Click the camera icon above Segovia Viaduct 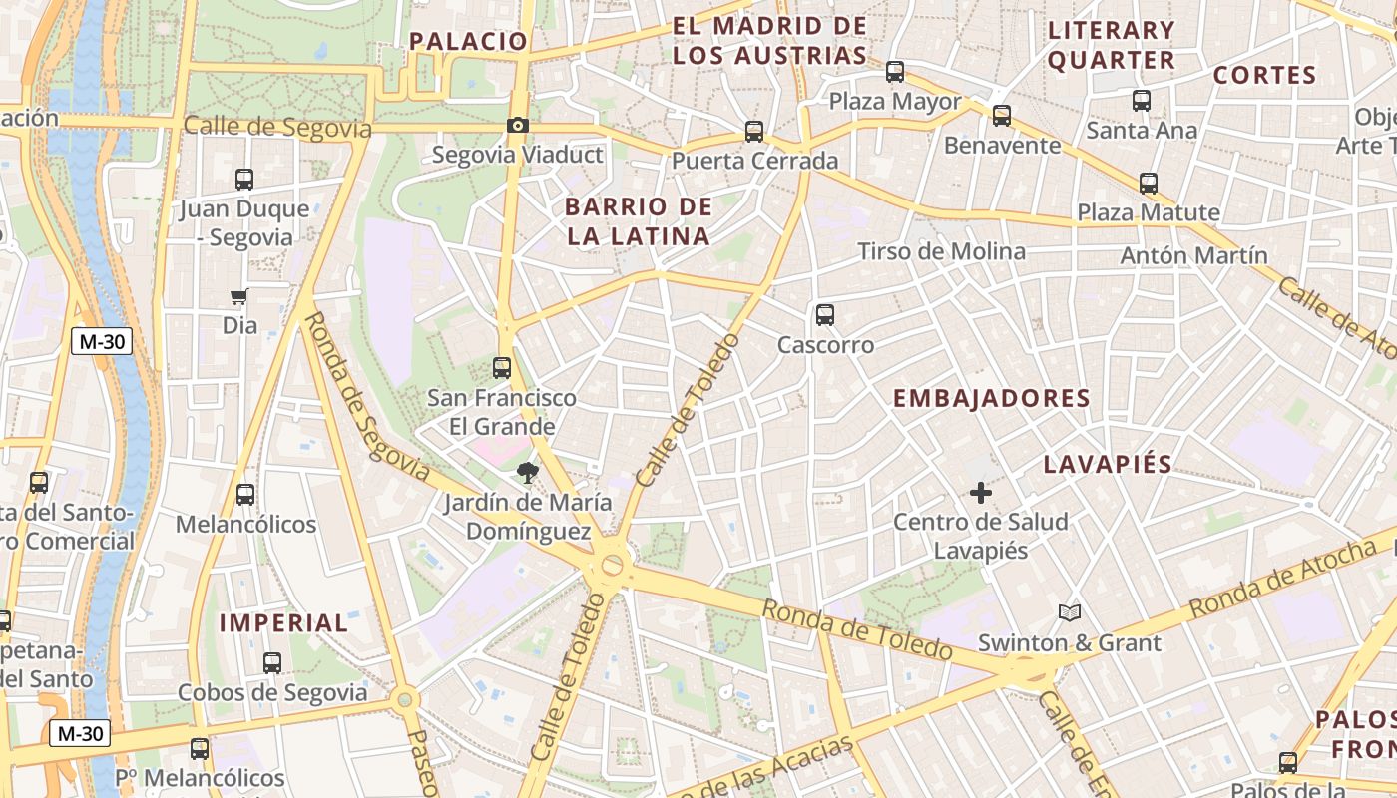pyautogui.click(x=517, y=126)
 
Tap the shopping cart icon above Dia pyautogui.click(x=238, y=296)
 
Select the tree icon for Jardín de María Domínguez pyautogui.click(x=527, y=472)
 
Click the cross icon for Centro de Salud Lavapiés pyautogui.click(x=980, y=492)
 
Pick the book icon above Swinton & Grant pyautogui.click(x=1069, y=612)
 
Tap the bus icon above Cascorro pyautogui.click(x=824, y=315)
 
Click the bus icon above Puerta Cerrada pyautogui.click(x=754, y=132)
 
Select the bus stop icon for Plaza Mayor pyautogui.click(x=894, y=72)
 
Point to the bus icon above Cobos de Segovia pyautogui.click(x=271, y=662)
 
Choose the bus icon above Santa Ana pyautogui.click(x=1141, y=101)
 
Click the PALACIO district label pyautogui.click(x=468, y=41)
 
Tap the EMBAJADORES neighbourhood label pyautogui.click(x=991, y=399)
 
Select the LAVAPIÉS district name pyautogui.click(x=1108, y=464)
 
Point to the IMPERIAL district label pyautogui.click(x=283, y=623)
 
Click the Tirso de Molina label pyautogui.click(x=941, y=251)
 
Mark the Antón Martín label pyautogui.click(x=1193, y=255)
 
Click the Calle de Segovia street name pyautogui.click(x=277, y=128)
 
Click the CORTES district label pyautogui.click(x=1264, y=75)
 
